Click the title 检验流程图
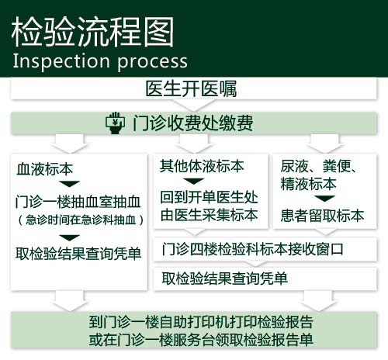click(x=92, y=32)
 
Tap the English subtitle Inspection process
click(x=100, y=61)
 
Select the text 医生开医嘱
click(x=191, y=88)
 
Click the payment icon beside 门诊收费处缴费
click(x=115, y=123)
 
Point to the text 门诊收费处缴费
click(x=192, y=123)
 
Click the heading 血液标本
click(x=44, y=169)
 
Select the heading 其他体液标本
click(x=202, y=166)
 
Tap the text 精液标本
click(x=308, y=183)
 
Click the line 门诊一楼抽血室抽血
click(x=78, y=202)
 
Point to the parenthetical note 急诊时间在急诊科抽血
click(x=81, y=220)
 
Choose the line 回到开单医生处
click(x=209, y=197)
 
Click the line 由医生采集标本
click(x=209, y=215)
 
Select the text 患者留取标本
click(x=322, y=215)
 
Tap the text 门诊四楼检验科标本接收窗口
click(x=252, y=249)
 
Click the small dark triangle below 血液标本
click(x=69, y=184)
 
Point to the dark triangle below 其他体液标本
click(x=193, y=181)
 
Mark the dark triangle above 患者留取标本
click(x=325, y=199)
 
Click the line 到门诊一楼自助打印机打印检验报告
click(x=201, y=322)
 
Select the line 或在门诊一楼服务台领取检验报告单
click(x=201, y=340)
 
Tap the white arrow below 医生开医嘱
click(x=194, y=106)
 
